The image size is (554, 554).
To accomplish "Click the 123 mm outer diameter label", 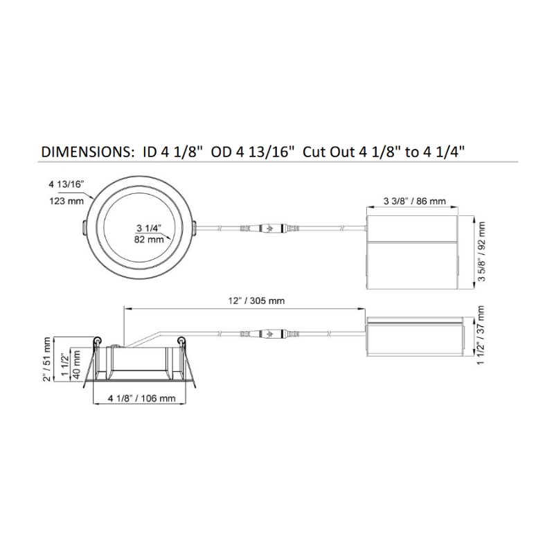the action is [66, 201].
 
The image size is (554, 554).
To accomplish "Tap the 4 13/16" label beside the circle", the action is [66, 184].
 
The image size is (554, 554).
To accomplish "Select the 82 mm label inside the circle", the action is [149, 240].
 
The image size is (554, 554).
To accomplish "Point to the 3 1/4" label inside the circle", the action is [149, 229].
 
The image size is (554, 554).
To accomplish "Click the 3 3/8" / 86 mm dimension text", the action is [414, 201].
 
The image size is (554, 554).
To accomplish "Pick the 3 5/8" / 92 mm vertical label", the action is [481, 251].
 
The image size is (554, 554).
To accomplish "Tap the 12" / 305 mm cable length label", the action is [256, 301].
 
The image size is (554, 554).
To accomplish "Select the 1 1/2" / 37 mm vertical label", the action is [480, 336].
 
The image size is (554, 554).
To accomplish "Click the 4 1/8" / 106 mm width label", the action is [142, 399].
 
